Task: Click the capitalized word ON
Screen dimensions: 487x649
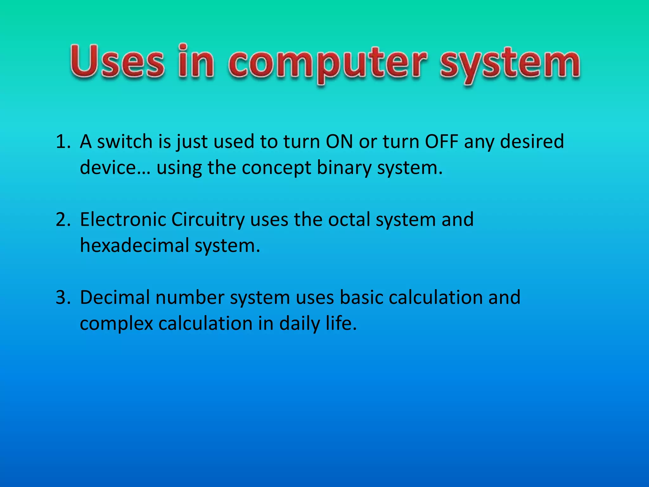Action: pos(339,141)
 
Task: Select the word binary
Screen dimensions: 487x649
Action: pos(344,167)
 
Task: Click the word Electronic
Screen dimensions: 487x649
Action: pos(123,219)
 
